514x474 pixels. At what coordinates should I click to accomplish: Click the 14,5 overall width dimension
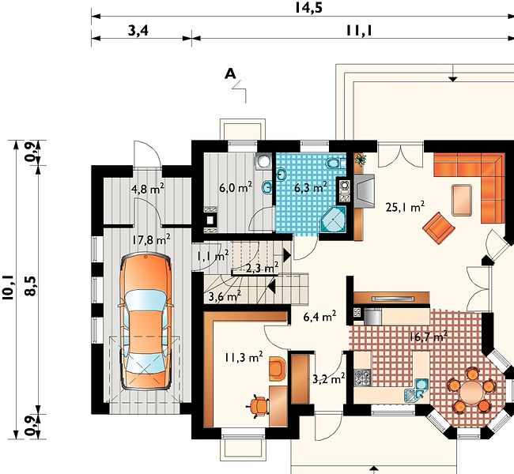308,7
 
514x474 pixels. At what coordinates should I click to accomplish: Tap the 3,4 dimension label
138,31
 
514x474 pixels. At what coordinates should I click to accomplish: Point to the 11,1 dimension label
359,31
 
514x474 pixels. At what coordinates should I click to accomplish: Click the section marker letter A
230,74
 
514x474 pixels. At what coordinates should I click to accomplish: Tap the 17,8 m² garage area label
151,239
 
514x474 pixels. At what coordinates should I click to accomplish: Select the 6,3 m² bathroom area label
311,187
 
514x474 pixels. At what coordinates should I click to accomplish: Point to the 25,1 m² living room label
405,207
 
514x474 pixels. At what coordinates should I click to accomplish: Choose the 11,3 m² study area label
244,357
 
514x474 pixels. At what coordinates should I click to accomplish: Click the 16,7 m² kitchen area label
429,336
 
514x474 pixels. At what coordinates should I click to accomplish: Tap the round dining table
471,391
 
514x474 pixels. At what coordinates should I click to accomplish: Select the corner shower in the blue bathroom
333,219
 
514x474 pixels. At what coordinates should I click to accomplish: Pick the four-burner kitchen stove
362,377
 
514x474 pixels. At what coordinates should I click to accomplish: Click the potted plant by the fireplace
361,160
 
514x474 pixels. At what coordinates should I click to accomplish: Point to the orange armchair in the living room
439,228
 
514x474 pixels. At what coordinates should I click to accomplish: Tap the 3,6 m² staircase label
225,297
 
